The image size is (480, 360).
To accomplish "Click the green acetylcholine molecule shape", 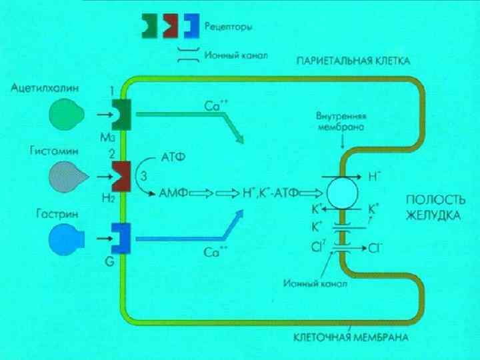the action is [65, 115].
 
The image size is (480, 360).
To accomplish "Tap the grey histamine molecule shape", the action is [65, 176].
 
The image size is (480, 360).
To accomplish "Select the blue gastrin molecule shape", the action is [65, 237].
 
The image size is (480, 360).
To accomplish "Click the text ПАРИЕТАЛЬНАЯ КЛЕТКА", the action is [353, 61].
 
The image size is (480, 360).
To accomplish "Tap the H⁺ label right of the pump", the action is [375, 177].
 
